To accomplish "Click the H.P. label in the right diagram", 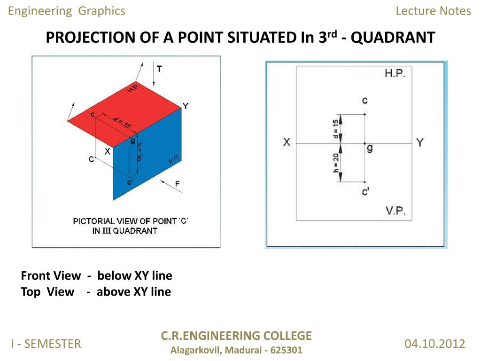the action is pyautogui.click(x=395, y=74).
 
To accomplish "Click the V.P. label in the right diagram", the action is pyautogui.click(x=396, y=211).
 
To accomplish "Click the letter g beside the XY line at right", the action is pyautogui.click(x=370, y=148).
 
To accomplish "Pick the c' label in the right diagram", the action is pyautogui.click(x=365, y=192).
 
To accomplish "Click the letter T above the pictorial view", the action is pyautogui.click(x=160, y=69).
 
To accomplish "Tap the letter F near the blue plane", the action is pyautogui.click(x=178, y=184).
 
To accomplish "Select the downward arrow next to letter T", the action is pyautogui.click(x=154, y=75).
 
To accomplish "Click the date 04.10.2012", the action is pyautogui.click(x=434, y=344).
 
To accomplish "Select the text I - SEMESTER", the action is pyautogui.click(x=46, y=344).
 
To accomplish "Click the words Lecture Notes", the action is pyautogui.click(x=433, y=11).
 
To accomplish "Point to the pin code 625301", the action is pyautogui.click(x=287, y=350).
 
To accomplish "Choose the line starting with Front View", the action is pyautogui.click(x=96, y=275).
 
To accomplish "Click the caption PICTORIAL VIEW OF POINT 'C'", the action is pyautogui.click(x=131, y=221).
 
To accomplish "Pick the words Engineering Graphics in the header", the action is pyautogui.click(x=67, y=11).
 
